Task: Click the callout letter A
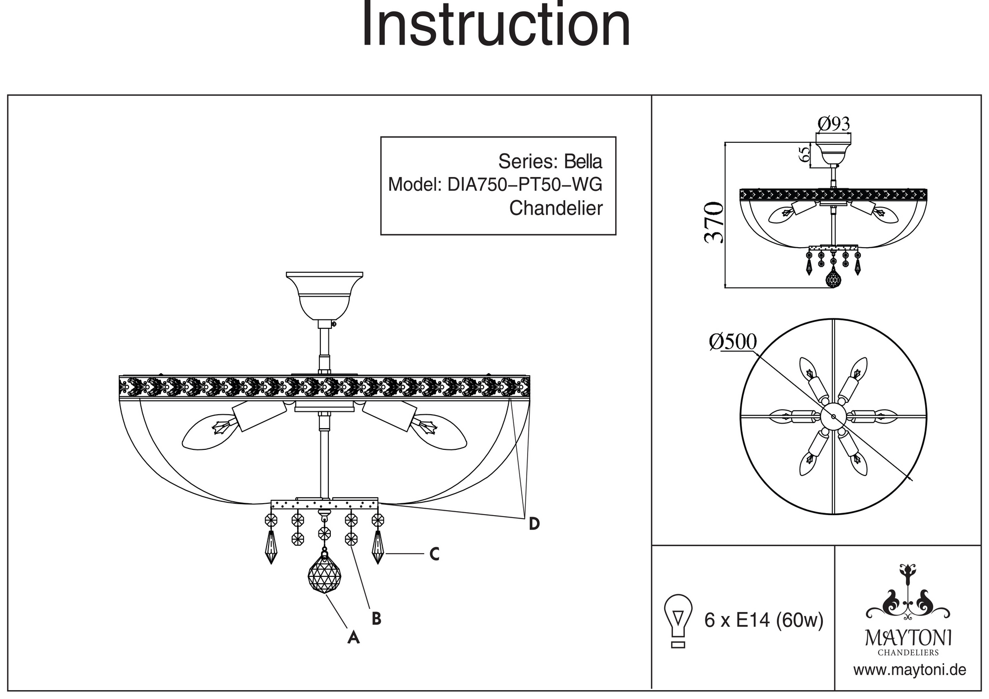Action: [x=353, y=637]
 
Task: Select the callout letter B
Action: [x=376, y=618]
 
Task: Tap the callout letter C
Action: [x=434, y=555]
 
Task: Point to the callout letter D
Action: [x=534, y=524]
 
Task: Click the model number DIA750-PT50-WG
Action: [x=525, y=185]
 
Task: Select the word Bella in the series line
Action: [x=584, y=162]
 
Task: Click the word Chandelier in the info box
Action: [x=556, y=209]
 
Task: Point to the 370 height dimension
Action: [x=714, y=222]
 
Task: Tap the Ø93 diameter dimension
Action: [x=834, y=124]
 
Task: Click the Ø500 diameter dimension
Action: [x=732, y=342]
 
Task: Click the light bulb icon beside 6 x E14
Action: [x=678, y=620]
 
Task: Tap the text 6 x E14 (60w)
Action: [x=764, y=620]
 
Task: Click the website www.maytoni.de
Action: [x=909, y=670]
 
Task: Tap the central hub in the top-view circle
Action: [x=834, y=416]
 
